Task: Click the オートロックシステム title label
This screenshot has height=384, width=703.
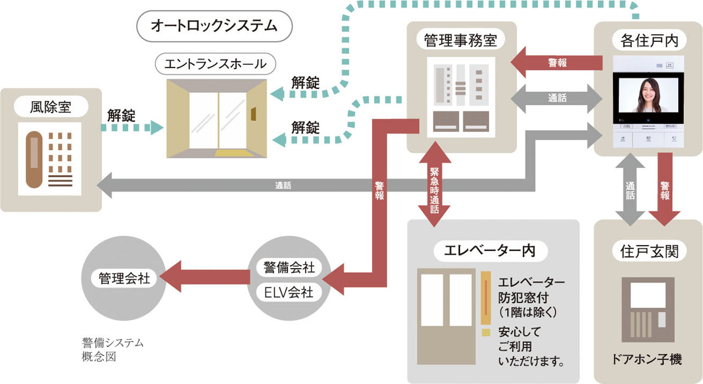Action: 214,26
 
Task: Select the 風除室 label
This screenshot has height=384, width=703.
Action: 51,107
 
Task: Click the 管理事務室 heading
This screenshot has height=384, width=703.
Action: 461,41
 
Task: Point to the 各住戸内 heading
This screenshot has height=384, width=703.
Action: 649,41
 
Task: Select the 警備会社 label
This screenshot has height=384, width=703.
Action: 289,268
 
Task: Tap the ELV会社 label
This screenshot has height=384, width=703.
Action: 289,292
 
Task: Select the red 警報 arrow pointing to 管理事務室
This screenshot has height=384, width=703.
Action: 557,63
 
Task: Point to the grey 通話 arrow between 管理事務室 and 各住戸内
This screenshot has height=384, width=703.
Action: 557,98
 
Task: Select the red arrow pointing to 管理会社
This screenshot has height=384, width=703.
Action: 205,276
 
